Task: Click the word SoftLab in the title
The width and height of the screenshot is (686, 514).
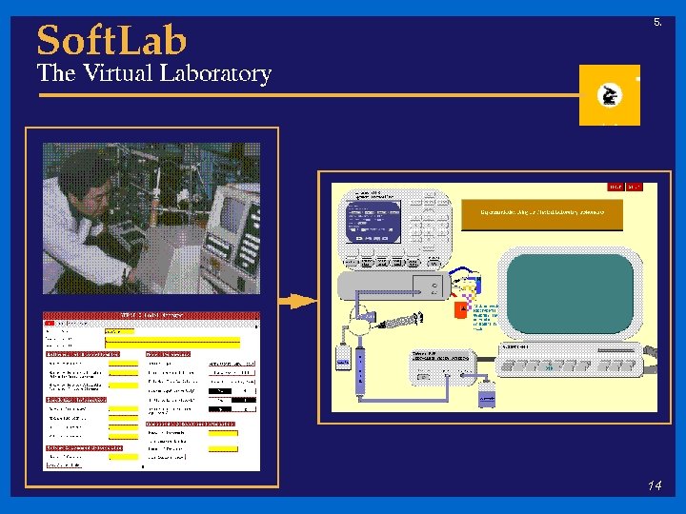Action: [111, 40]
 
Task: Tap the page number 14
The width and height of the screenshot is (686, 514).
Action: [654, 486]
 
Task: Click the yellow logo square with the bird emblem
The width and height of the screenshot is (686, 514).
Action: [609, 95]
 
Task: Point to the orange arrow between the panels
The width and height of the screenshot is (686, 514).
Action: [298, 301]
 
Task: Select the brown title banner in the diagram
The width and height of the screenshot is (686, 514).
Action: [541, 214]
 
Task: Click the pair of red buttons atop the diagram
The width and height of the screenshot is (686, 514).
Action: [626, 187]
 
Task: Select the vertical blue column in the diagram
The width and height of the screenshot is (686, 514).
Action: [360, 371]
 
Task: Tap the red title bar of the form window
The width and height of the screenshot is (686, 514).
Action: [151, 315]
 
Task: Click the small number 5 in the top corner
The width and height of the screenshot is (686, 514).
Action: [656, 21]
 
